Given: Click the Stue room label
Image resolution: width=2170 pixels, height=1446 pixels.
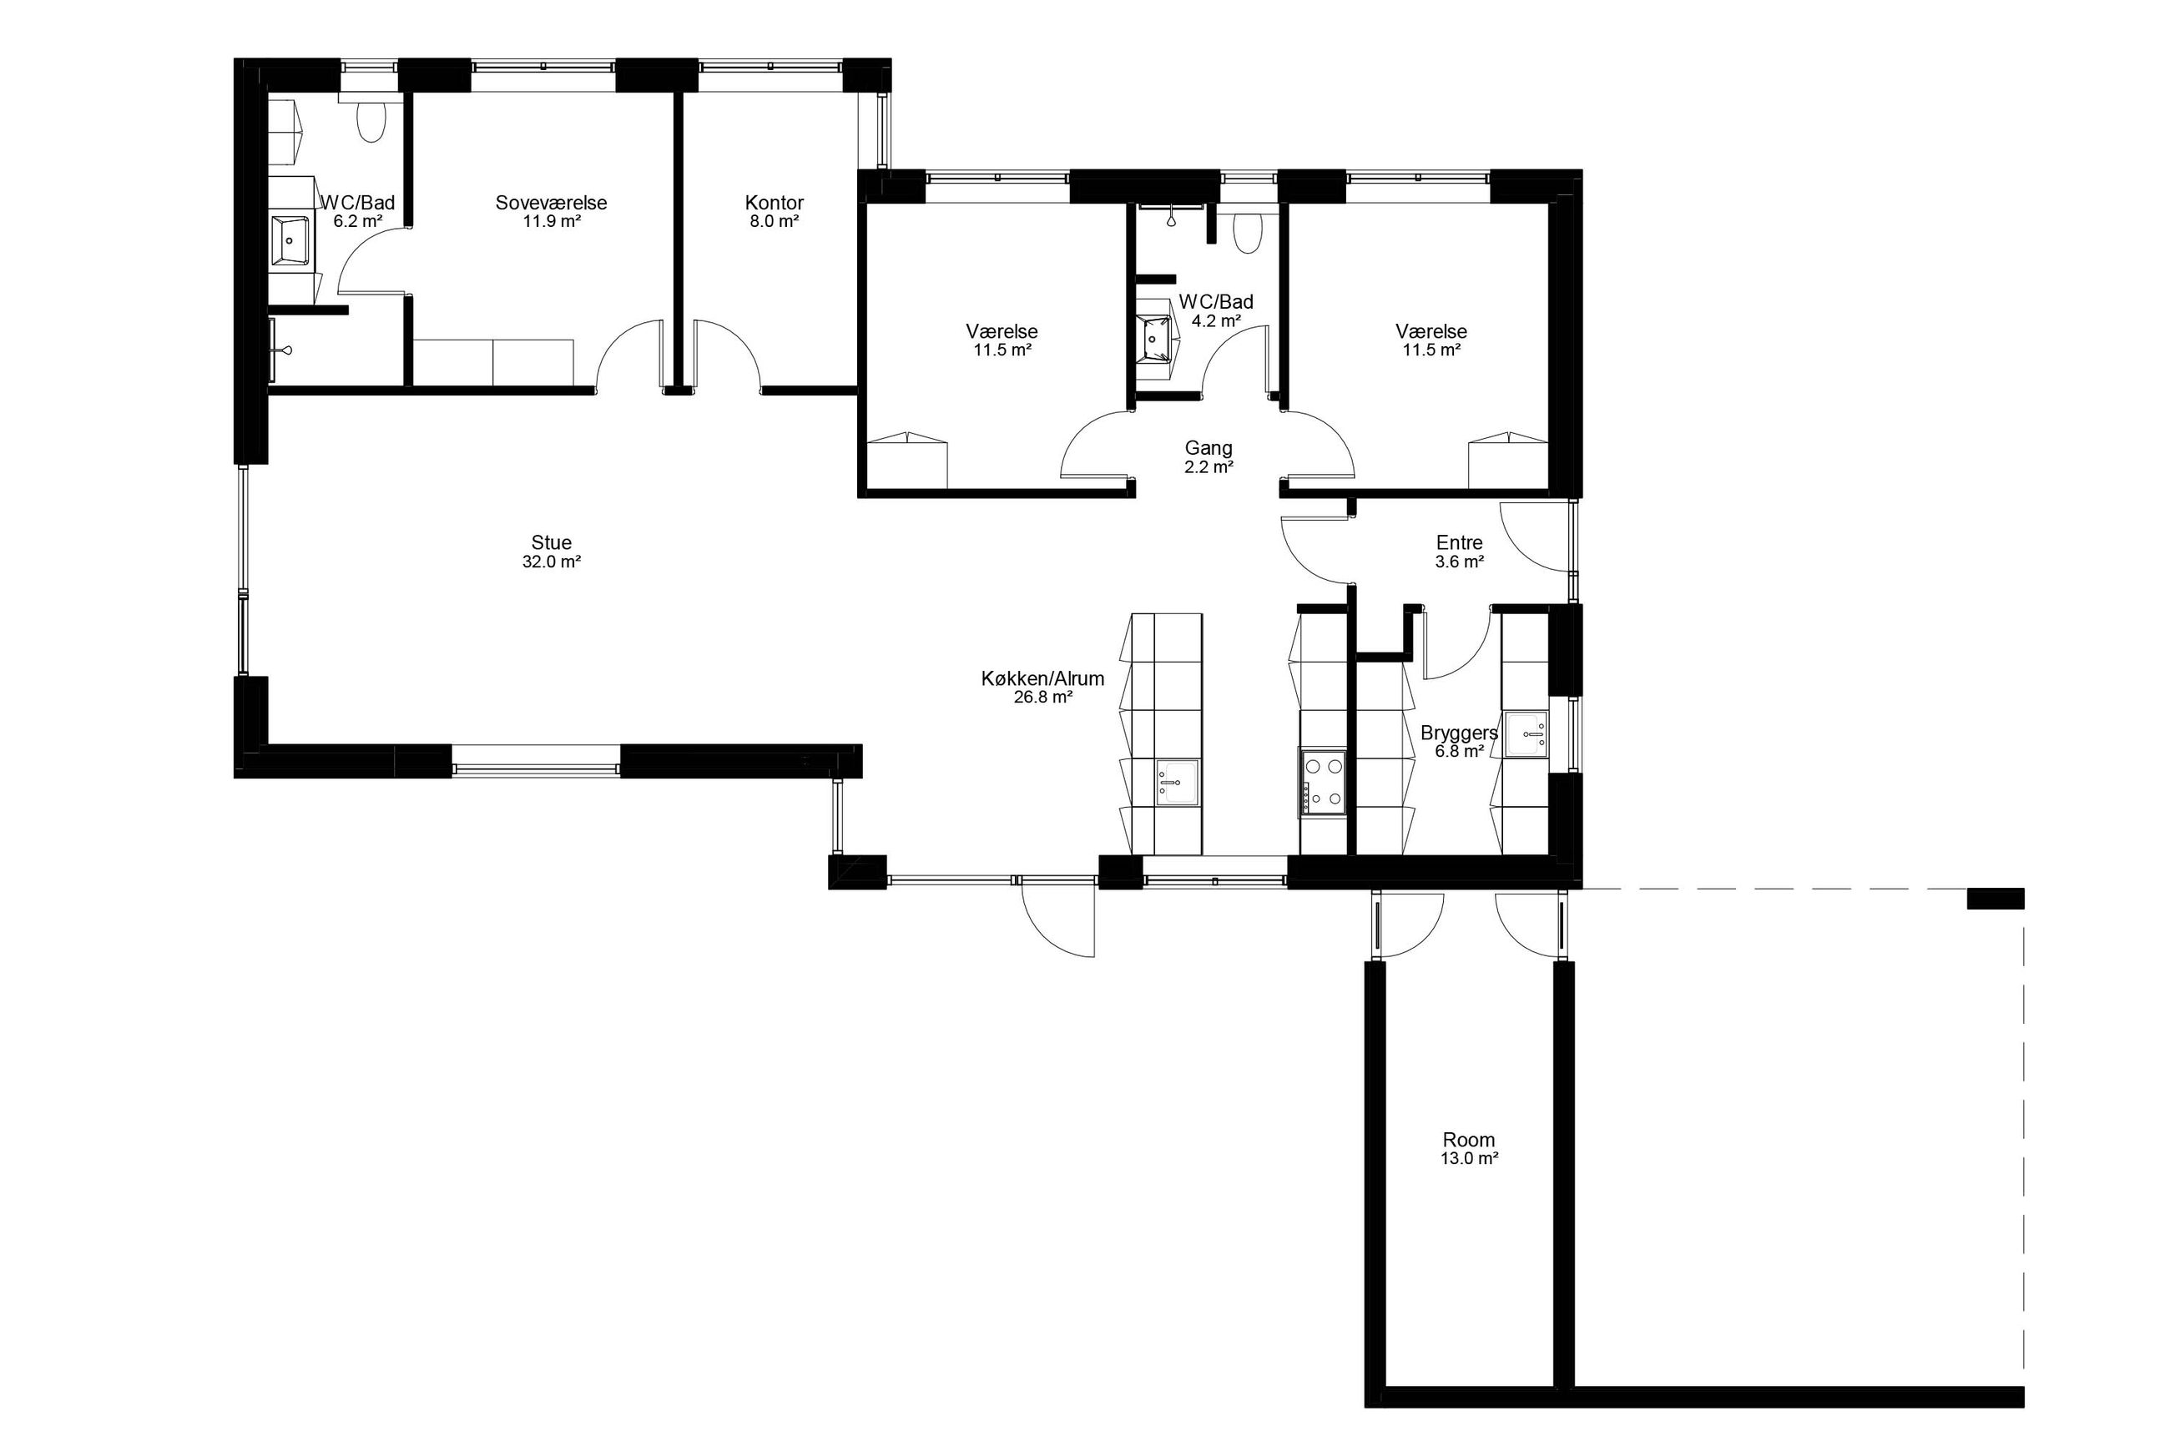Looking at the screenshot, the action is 552,542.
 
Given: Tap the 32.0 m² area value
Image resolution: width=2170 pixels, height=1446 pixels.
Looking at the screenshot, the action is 552,562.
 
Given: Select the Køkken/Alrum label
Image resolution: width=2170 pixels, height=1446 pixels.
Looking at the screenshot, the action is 1042,678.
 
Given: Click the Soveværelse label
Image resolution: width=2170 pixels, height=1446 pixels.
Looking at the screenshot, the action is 552,202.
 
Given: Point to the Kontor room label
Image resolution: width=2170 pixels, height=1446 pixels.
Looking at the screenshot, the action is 775,202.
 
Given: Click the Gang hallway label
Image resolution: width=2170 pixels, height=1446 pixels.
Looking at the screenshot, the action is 1209,448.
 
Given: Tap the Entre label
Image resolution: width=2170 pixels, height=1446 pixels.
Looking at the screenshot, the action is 1459,542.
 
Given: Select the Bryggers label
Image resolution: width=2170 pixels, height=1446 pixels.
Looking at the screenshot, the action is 1459,733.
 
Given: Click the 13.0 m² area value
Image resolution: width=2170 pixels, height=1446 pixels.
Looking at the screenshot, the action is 1469,1159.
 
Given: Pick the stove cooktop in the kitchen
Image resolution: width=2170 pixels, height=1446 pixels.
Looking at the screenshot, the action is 1323,783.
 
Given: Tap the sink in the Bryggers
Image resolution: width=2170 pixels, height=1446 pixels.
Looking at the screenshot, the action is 1527,735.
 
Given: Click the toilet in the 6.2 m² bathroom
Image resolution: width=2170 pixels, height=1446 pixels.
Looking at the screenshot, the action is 371,122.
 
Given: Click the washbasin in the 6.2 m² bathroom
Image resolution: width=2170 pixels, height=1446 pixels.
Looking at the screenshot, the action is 291,239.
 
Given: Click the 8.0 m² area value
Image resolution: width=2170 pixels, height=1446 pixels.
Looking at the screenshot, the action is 775,221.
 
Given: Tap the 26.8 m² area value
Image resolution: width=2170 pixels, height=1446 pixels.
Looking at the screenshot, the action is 1043,698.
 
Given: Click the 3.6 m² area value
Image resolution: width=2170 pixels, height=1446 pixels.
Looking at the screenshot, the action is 1459,562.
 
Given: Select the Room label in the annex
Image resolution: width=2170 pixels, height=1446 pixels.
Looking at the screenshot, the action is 1469,1140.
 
